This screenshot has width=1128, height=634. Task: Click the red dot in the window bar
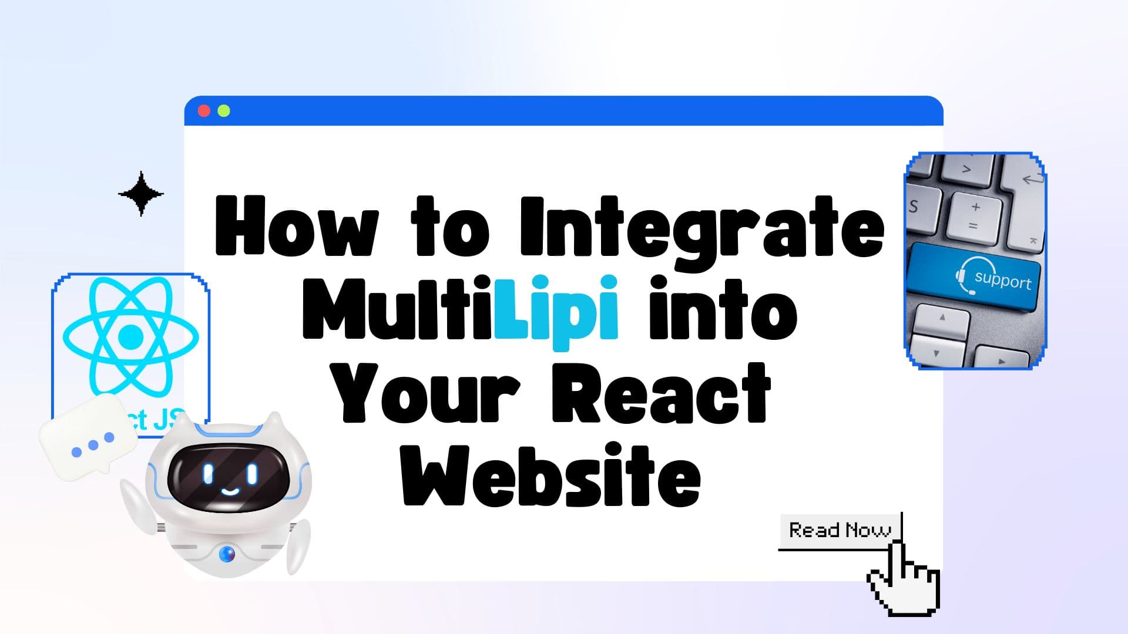pos(204,111)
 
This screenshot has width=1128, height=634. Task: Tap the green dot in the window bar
pos(224,111)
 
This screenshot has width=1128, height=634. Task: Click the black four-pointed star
pos(141,194)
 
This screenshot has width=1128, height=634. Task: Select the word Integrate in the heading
pos(702,228)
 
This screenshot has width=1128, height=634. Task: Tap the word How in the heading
pos(297,228)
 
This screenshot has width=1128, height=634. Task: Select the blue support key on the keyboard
pos(974,278)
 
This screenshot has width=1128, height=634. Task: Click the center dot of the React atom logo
pos(130,336)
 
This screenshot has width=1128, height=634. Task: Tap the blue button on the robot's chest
pos(227,553)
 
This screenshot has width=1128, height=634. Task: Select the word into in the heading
pos(723,311)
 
